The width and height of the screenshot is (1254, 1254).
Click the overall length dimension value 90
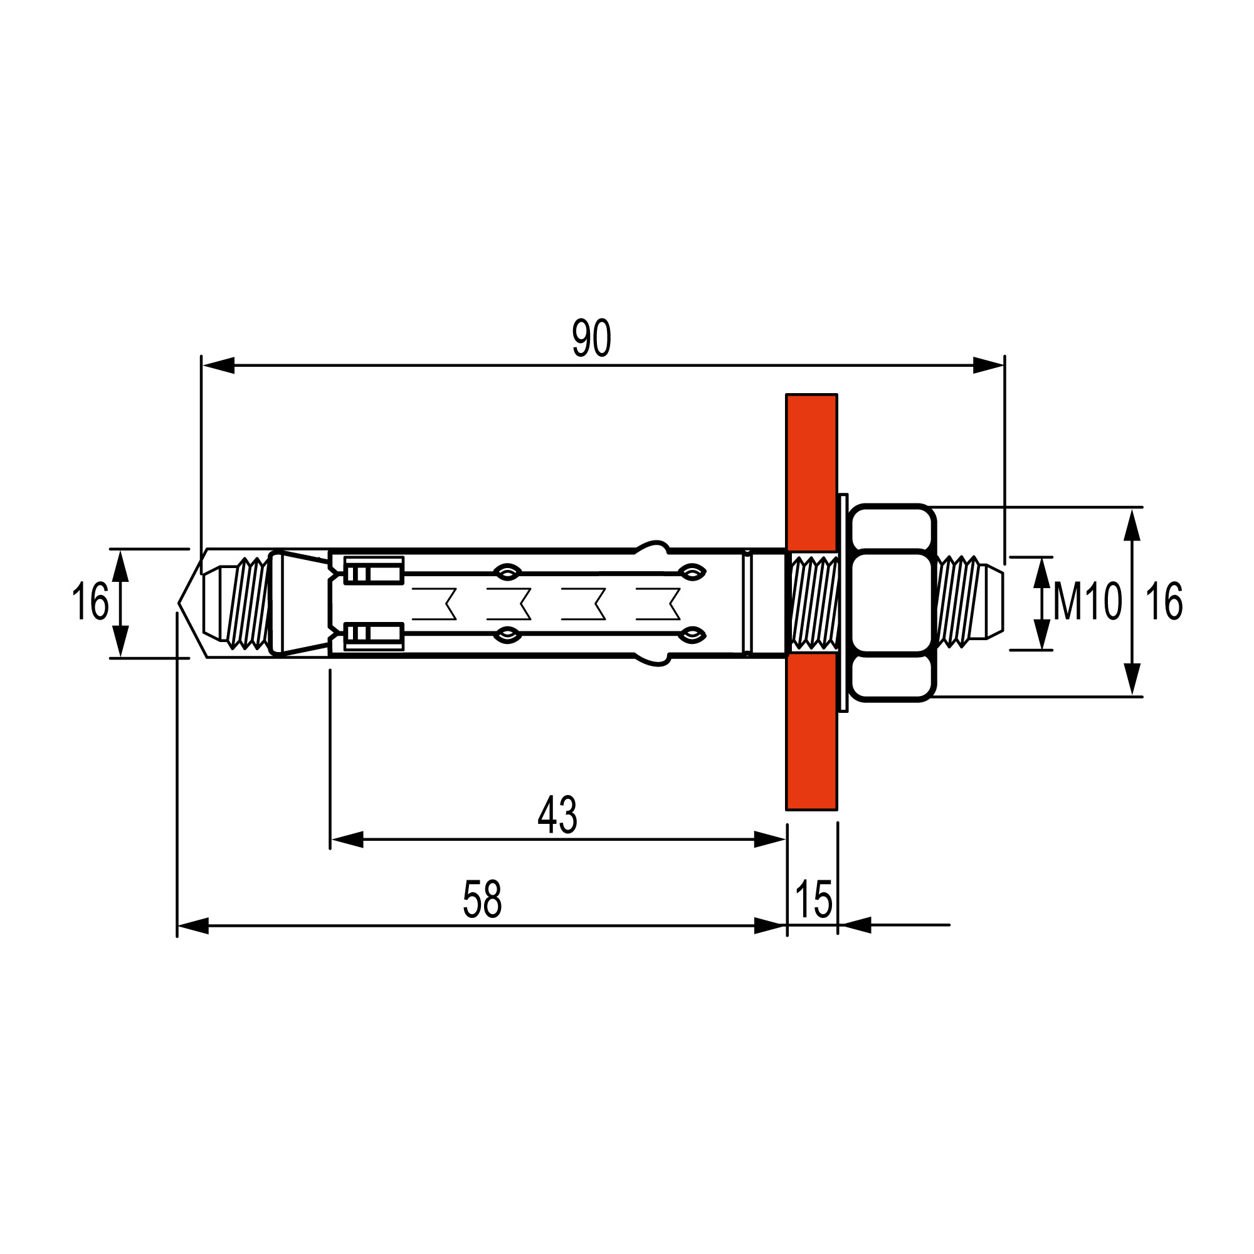pyautogui.click(x=591, y=338)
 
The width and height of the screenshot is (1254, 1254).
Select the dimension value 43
pyautogui.click(x=557, y=815)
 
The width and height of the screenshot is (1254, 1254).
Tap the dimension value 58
pyautogui.click(x=482, y=900)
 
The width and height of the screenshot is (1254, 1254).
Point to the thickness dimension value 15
pyautogui.click(x=813, y=900)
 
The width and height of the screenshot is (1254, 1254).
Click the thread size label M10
pyautogui.click(x=1087, y=601)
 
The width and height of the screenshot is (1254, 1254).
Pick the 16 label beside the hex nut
pyautogui.click(x=1164, y=602)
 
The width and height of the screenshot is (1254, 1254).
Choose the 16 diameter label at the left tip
pyautogui.click(x=90, y=601)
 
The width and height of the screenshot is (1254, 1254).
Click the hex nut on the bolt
pyautogui.click(x=892, y=603)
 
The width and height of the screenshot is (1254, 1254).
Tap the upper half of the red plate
pyautogui.click(x=811, y=471)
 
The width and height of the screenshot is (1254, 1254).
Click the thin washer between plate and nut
pyautogui.click(x=843, y=603)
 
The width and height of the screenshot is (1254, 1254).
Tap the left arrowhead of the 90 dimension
pyautogui.click(x=218, y=366)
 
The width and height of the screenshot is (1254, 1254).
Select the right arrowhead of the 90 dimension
pyautogui.click(x=988, y=366)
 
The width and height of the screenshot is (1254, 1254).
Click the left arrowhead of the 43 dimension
pyautogui.click(x=347, y=840)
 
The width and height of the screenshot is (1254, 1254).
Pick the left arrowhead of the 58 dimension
pyautogui.click(x=192, y=925)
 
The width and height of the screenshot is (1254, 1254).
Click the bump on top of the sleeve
pyautogui.click(x=651, y=547)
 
